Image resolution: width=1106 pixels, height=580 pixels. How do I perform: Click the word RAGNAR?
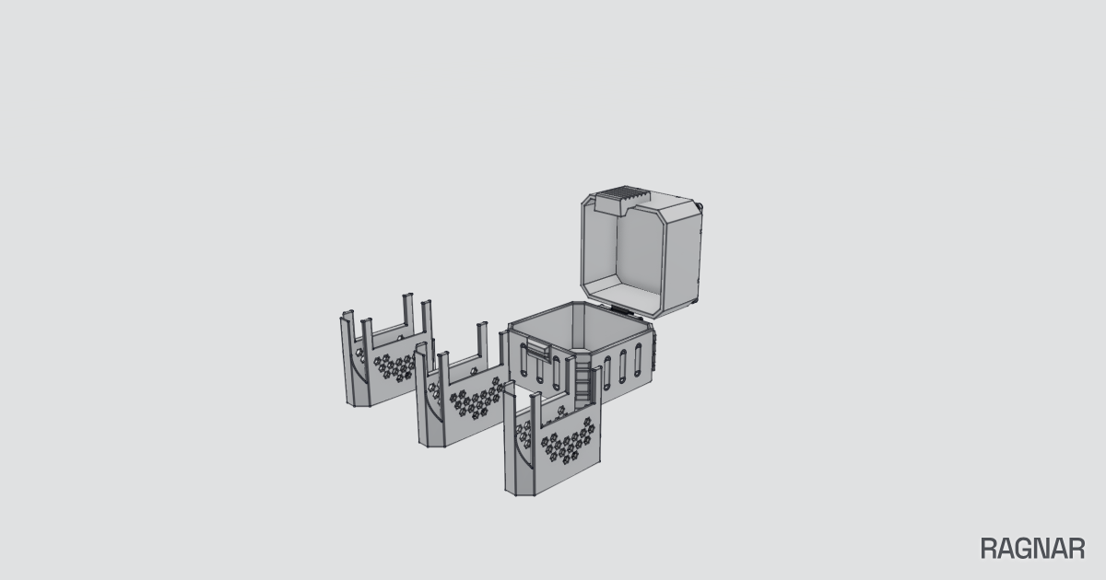(1032, 549)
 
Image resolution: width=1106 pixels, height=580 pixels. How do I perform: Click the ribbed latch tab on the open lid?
(622, 200)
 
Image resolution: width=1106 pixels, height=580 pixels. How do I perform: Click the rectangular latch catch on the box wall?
(538, 349)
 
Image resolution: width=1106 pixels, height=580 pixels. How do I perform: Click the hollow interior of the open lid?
(640, 257)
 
